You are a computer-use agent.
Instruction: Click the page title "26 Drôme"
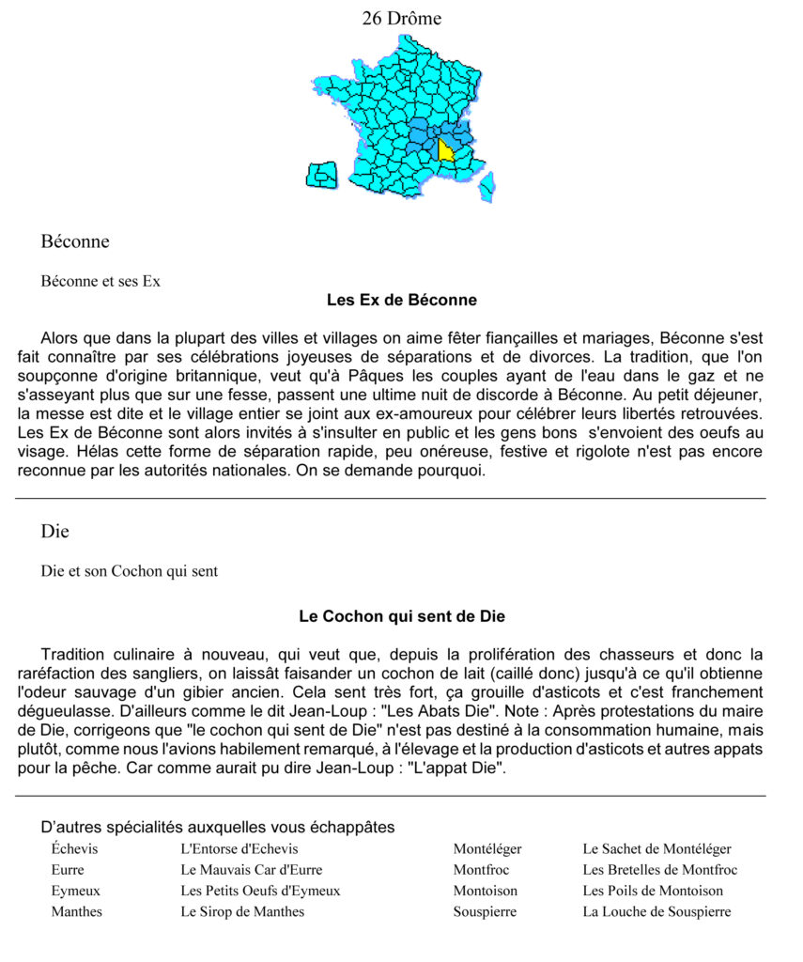pyautogui.click(x=401, y=19)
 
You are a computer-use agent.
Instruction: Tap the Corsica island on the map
pyautogui.click(x=486, y=186)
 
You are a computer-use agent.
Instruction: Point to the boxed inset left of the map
pyautogui.click(x=322, y=175)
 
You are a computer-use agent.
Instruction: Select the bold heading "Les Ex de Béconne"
pyautogui.click(x=401, y=301)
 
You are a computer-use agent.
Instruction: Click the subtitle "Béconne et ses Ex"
pyautogui.click(x=100, y=281)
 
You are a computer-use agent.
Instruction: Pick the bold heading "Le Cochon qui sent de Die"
pyautogui.click(x=401, y=617)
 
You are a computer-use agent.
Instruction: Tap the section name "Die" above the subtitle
pyautogui.click(x=55, y=532)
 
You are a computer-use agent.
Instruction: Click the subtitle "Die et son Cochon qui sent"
pyautogui.click(x=130, y=571)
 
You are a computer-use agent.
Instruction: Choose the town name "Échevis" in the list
pyautogui.click(x=74, y=849)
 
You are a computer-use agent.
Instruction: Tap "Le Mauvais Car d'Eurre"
pyautogui.click(x=251, y=870)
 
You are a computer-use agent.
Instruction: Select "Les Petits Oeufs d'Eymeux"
pyautogui.click(x=260, y=891)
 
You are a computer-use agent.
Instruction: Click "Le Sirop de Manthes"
pyautogui.click(x=242, y=911)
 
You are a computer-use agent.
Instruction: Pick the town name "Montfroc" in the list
pyautogui.click(x=481, y=870)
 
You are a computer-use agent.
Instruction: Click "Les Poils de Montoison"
pyautogui.click(x=653, y=891)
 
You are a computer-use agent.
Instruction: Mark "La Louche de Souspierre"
pyautogui.click(x=656, y=911)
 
